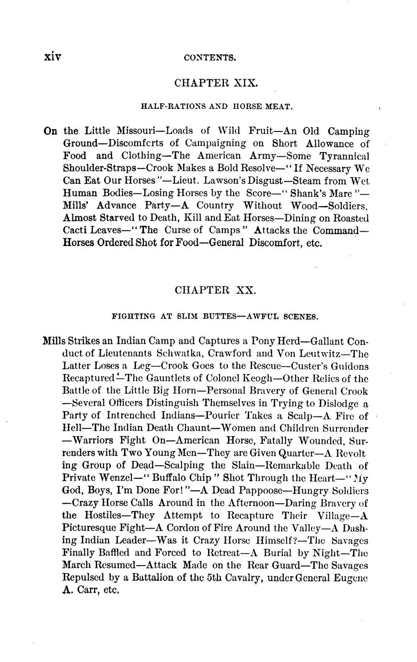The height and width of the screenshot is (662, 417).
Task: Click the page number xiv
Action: pos(53,57)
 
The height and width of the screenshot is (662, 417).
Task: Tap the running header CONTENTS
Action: pos(210,58)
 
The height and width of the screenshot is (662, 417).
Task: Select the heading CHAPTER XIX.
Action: pos(216,83)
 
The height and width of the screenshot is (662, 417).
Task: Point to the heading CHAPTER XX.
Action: pos(216,290)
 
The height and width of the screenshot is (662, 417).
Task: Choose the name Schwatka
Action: pos(182,354)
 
